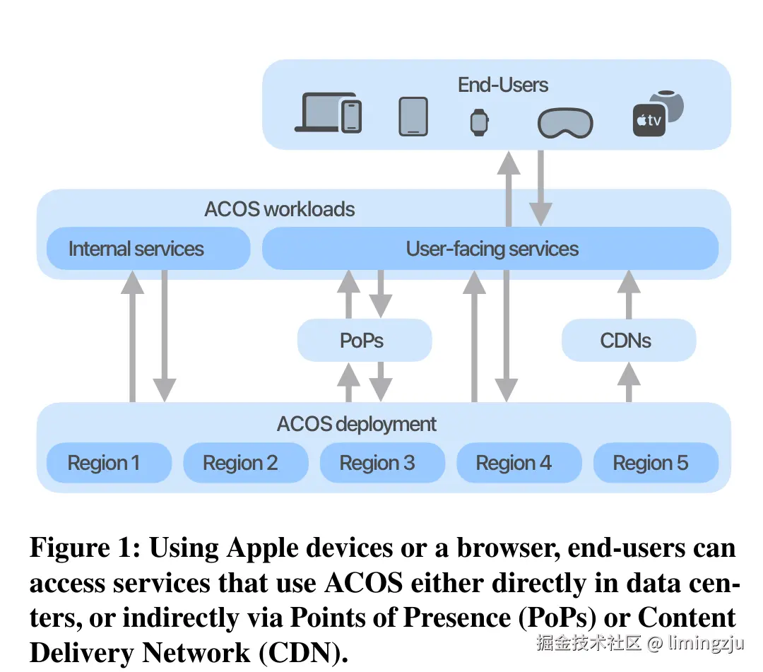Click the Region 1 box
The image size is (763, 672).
point(109,463)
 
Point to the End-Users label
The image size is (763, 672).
point(502,86)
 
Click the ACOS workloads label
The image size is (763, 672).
point(279,209)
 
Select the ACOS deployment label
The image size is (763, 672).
point(356,424)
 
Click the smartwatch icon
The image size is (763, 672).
point(479,122)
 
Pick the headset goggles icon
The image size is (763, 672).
point(564,123)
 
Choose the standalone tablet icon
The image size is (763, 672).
point(413,116)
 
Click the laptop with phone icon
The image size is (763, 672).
point(329,114)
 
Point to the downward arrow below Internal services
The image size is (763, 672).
point(164,336)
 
